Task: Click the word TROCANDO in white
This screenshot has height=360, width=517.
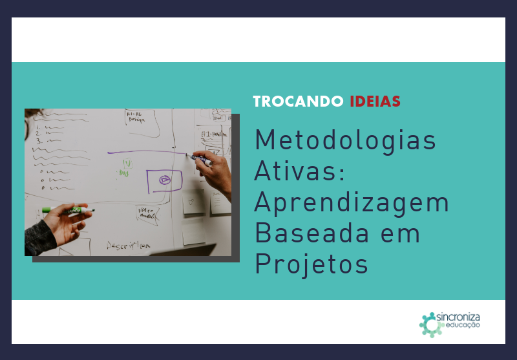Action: [299, 101]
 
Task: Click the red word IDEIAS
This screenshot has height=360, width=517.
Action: [375, 101]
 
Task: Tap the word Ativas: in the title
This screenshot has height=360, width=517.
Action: [301, 172]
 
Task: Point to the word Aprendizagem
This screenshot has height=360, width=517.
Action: [352, 203]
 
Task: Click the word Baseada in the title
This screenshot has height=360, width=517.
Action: [308, 233]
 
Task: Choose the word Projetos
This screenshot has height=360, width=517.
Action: [311, 264]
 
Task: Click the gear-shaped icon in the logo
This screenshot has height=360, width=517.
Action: [429, 324]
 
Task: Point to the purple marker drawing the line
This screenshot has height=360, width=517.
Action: [201, 158]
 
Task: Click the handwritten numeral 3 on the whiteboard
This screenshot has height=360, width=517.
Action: [39, 140]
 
